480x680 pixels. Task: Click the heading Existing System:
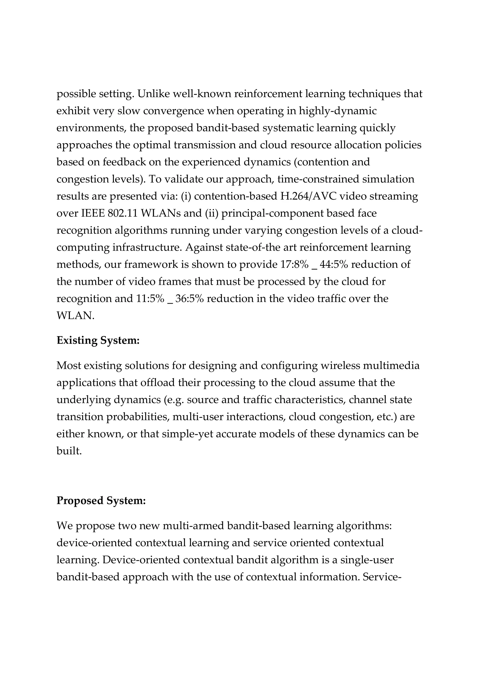click(98, 340)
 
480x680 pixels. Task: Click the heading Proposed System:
click(101, 500)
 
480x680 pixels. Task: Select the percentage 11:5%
click(150, 298)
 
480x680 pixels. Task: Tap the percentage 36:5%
click(190, 298)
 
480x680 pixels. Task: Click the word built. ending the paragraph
click(69, 451)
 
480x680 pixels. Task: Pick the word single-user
click(367, 560)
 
